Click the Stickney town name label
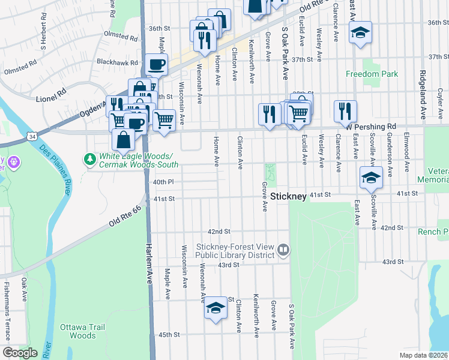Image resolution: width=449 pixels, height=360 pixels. pyautogui.click(x=288, y=196)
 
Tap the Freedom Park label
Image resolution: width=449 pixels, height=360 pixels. pyautogui.click(x=372, y=74)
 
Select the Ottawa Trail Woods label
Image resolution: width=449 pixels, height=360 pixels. pyautogui.click(x=78, y=331)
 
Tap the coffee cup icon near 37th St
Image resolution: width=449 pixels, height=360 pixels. pyautogui.click(x=156, y=64)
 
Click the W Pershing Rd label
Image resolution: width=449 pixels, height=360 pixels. pyautogui.click(x=373, y=127)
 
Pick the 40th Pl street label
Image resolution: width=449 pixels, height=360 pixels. pyautogui.click(x=163, y=182)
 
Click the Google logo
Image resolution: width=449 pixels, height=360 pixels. pyautogui.click(x=20, y=353)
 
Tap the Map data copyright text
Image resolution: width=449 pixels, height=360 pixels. pyautogui.click(x=423, y=355)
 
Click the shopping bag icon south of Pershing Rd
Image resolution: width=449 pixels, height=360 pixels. pyautogui.click(x=123, y=140)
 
